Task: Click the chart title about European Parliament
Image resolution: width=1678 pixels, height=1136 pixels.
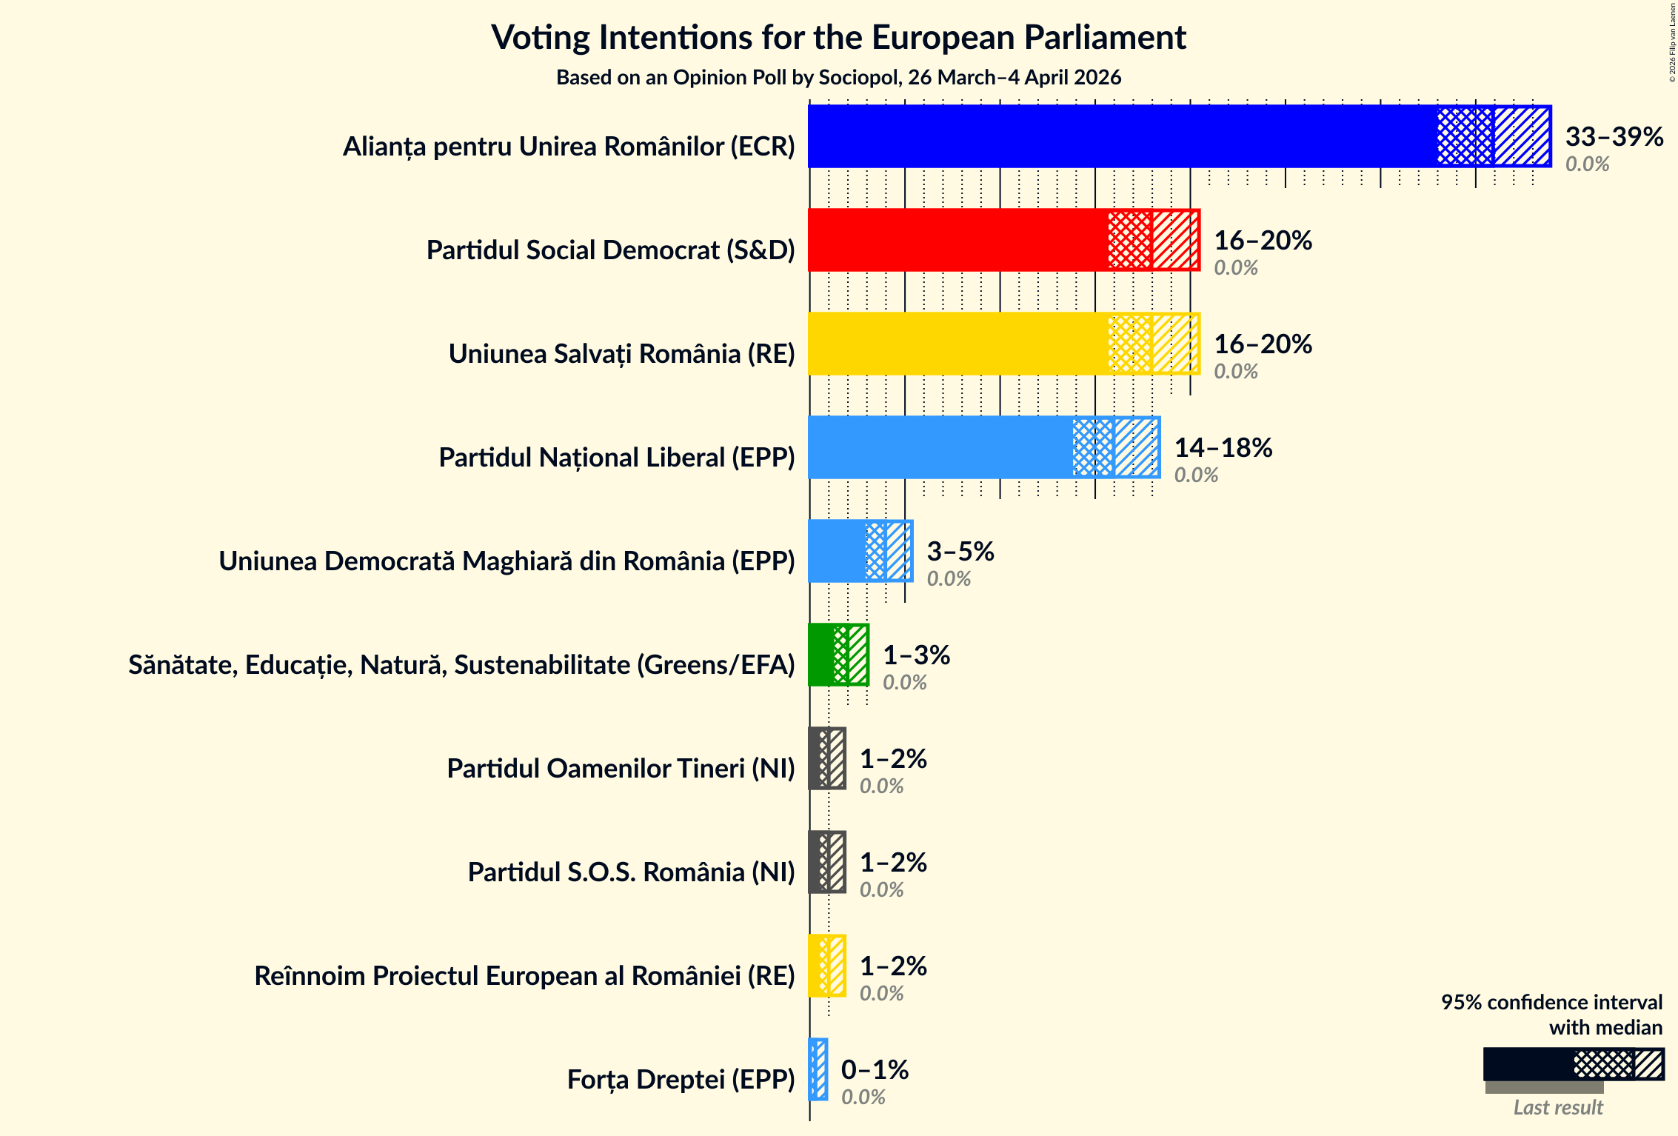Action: pyautogui.click(x=838, y=38)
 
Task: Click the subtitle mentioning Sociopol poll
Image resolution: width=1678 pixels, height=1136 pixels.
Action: pyautogui.click(x=838, y=78)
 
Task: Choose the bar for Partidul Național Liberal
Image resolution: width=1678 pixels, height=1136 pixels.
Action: pyautogui.click(x=940, y=447)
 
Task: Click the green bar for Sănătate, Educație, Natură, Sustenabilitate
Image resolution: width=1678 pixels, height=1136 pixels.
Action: pyautogui.click(x=822, y=655)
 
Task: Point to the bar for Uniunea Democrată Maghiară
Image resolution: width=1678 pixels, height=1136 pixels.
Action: pyautogui.click(x=838, y=551)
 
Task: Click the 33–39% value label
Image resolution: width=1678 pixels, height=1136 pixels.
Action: pyautogui.click(x=1614, y=137)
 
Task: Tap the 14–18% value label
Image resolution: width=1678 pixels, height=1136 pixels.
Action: pyautogui.click(x=1223, y=448)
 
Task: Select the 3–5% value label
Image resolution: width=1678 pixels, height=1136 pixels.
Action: pyautogui.click(x=960, y=552)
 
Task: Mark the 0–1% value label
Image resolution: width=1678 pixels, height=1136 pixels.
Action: pyautogui.click(x=874, y=1070)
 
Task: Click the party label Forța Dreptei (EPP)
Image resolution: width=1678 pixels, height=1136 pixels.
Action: pyautogui.click(x=681, y=1080)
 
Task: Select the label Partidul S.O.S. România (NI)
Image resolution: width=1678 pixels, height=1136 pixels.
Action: pyautogui.click(x=631, y=872)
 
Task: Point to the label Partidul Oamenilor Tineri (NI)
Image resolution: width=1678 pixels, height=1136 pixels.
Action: pyautogui.click(x=621, y=769)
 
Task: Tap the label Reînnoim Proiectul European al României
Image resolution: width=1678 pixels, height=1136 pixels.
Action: pyautogui.click(x=524, y=976)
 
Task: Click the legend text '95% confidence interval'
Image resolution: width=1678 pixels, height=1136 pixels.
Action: pyautogui.click(x=1551, y=1003)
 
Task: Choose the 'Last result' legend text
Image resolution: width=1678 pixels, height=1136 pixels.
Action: pyautogui.click(x=1557, y=1108)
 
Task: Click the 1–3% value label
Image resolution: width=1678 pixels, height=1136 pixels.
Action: pyautogui.click(x=916, y=655)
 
